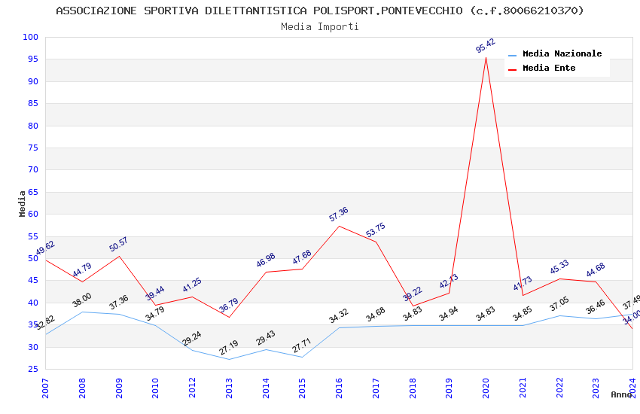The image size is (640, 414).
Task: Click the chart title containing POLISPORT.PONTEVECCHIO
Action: click(x=319, y=11)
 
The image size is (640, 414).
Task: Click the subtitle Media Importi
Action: click(x=319, y=26)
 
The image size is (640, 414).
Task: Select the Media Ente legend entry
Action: click(x=549, y=68)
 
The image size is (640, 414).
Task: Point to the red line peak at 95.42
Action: click(x=486, y=58)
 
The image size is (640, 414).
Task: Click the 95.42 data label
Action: click(x=486, y=46)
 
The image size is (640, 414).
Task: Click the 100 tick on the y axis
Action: click(x=30, y=38)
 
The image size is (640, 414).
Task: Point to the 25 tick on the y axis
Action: click(x=33, y=369)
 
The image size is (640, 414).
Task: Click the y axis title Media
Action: click(x=23, y=203)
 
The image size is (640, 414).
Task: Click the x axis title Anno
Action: click(x=621, y=394)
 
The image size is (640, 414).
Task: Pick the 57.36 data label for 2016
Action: click(x=339, y=215)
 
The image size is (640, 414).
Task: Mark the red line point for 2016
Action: click(x=339, y=226)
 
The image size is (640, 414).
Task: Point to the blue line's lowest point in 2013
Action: click(x=229, y=359)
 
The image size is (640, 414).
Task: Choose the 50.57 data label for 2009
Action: click(x=118, y=245)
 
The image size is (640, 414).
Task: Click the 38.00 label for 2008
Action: click(x=81, y=300)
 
